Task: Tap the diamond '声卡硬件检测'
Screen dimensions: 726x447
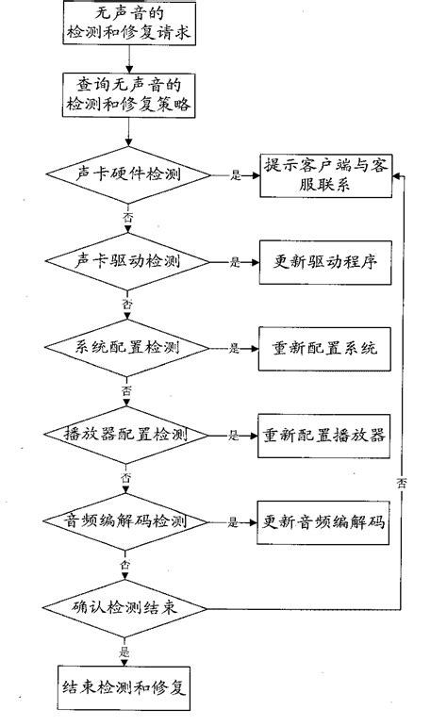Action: [127, 175]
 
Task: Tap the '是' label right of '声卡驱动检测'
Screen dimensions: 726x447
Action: [234, 263]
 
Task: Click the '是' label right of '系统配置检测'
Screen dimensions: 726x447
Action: [234, 349]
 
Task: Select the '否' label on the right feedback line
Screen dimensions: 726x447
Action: [403, 483]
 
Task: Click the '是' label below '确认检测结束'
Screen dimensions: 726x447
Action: [124, 651]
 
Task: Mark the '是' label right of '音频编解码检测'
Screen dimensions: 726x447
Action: [234, 522]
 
